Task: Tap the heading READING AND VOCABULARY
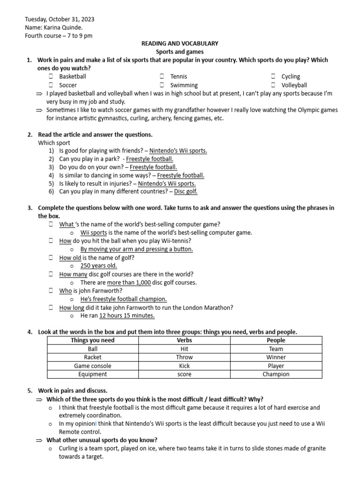pyautogui.click(x=180, y=44)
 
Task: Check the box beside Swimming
pyautogui.click(x=162, y=85)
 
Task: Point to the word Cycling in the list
pyautogui.click(x=291, y=76)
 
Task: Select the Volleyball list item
pyautogui.click(x=294, y=85)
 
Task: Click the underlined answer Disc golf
pyautogui.click(x=186, y=192)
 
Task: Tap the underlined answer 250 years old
pyautogui.click(x=98, y=266)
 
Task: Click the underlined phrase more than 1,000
pyautogui.click(x=129, y=283)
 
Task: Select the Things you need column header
pyautogui.click(x=92, y=340)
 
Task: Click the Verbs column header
pyautogui.click(x=184, y=340)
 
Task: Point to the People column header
pyautogui.click(x=276, y=340)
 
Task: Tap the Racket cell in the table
pyautogui.click(x=92, y=357)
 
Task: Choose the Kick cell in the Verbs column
pyautogui.click(x=184, y=366)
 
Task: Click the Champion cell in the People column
pyautogui.click(x=276, y=374)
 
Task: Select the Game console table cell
pyautogui.click(x=92, y=366)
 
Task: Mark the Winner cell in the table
pyautogui.click(x=276, y=357)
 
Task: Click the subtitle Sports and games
pyautogui.click(x=180, y=52)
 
